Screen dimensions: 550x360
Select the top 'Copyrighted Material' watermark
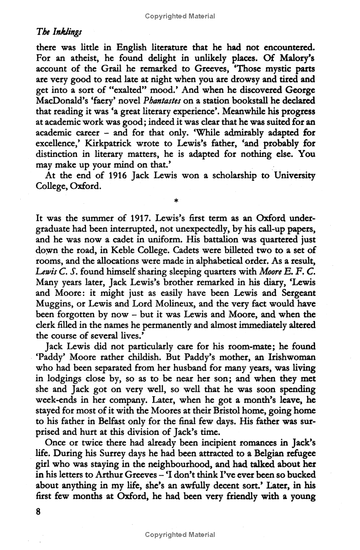pyautogui.click(x=180, y=16)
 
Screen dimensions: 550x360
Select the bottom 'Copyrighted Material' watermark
pyautogui.click(x=180, y=535)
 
